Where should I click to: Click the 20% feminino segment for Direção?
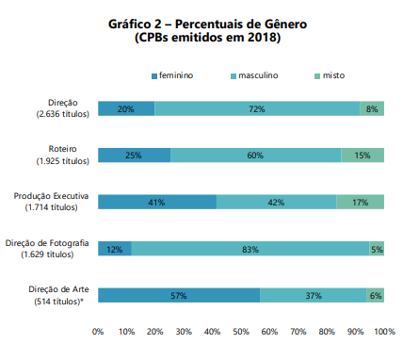click(x=126, y=108)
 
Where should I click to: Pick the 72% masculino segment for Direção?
click(x=257, y=108)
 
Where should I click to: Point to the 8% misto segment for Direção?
click(x=372, y=108)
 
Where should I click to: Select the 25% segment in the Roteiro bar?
click(x=134, y=155)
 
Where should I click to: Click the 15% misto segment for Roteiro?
click(x=363, y=155)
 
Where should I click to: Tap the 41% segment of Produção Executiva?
click(x=156, y=202)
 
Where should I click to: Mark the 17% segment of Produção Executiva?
click(x=360, y=202)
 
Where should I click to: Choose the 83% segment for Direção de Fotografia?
click(x=250, y=248)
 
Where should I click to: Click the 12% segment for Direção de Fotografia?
click(x=115, y=248)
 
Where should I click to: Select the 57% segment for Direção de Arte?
click(x=179, y=295)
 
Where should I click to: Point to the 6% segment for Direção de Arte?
click(x=375, y=295)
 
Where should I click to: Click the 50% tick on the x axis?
click(x=241, y=332)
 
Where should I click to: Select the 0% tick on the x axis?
click(x=98, y=332)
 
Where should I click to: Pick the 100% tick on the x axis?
click(x=384, y=332)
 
